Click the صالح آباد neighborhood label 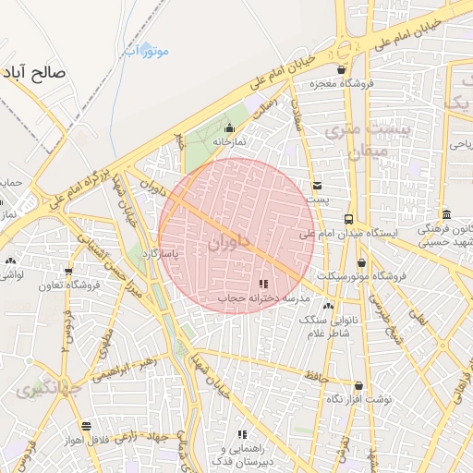pyautogui.click(x=46, y=72)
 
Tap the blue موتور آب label pyautogui.click(x=146, y=52)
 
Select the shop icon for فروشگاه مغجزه pyautogui.click(x=342, y=69)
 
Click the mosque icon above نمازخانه pyautogui.click(x=230, y=127)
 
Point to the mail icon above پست pyautogui.click(x=317, y=186)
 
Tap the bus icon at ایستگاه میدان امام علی pyautogui.click(x=348, y=219)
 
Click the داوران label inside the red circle pyautogui.click(x=229, y=244)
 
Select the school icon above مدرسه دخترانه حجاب pyautogui.click(x=263, y=284)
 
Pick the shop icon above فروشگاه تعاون pyautogui.click(x=67, y=272)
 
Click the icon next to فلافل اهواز pyautogui.click(x=86, y=426)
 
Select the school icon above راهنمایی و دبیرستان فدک pyautogui.click(x=243, y=433)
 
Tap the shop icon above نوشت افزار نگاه pyautogui.click(x=358, y=385)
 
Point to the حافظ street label pyautogui.click(x=317, y=375)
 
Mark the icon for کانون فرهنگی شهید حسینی pyautogui.click(x=444, y=213)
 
